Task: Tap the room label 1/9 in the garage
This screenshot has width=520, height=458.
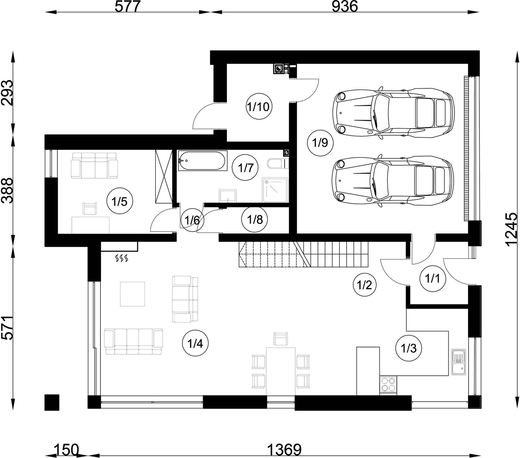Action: (x=320, y=143)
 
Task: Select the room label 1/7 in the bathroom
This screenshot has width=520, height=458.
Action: (x=246, y=168)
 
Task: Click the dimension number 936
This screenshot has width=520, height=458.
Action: (x=345, y=7)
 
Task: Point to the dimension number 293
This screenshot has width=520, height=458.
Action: (x=7, y=93)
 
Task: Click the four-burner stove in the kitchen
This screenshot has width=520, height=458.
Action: (x=388, y=385)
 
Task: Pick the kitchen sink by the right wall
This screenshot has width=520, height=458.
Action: (x=458, y=363)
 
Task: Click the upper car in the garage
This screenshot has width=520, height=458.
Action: (x=393, y=113)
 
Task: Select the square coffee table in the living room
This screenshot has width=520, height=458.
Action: (x=132, y=294)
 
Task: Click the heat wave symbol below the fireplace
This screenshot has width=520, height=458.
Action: (x=122, y=258)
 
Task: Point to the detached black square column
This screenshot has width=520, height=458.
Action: (x=52, y=402)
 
